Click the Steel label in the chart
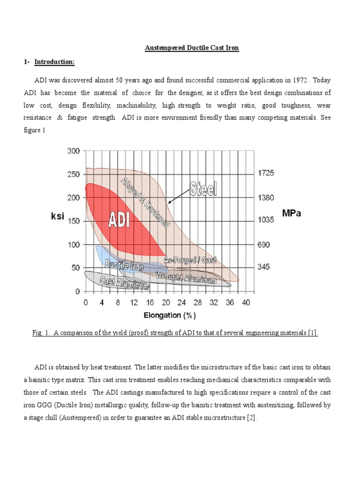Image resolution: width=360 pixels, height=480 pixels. (x=203, y=189)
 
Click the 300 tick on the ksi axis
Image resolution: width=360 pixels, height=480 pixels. (x=74, y=151)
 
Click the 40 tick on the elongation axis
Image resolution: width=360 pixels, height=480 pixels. (x=245, y=303)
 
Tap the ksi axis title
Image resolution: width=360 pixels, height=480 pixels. (x=57, y=217)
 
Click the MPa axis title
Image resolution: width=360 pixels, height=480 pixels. (x=292, y=214)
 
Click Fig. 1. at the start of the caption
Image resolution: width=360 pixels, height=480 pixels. (x=41, y=333)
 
